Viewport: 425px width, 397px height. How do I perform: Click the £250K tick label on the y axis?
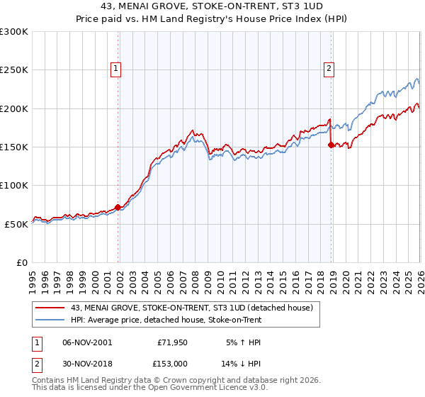point(14,70)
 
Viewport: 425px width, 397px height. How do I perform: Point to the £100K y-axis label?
point(14,185)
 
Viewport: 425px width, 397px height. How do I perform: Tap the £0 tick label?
point(21,262)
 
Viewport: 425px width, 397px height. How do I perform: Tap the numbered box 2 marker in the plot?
point(329,69)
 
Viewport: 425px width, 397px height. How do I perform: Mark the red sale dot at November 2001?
point(118,207)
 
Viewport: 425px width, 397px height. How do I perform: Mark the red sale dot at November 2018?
point(331,145)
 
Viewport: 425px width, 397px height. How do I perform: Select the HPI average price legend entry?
point(166,320)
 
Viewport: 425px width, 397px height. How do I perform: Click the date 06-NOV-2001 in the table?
point(86,342)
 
